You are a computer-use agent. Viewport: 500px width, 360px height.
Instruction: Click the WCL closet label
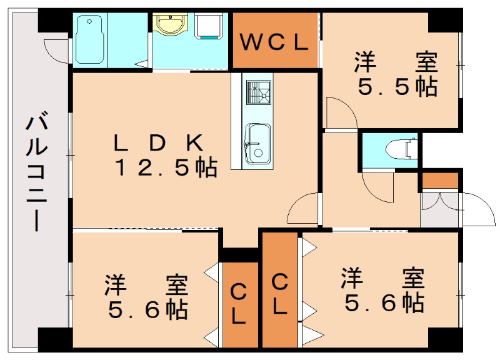[x=275, y=42]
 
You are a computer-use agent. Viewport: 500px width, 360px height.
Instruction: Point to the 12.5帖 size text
[x=165, y=167]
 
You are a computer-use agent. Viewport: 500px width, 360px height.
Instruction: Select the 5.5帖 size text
[x=397, y=87]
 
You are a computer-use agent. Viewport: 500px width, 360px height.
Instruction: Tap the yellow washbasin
[x=169, y=25]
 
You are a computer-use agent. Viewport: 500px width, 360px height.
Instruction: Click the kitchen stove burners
[x=257, y=94]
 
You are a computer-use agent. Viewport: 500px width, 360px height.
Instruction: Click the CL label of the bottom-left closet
[x=239, y=304]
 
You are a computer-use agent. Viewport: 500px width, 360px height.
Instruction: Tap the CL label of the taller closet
[x=280, y=294]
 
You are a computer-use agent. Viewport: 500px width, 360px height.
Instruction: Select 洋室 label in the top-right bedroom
[x=397, y=63]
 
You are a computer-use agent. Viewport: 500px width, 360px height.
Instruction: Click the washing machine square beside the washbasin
[x=209, y=26]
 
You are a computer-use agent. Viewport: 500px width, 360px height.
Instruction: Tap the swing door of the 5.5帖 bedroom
[x=341, y=112]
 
